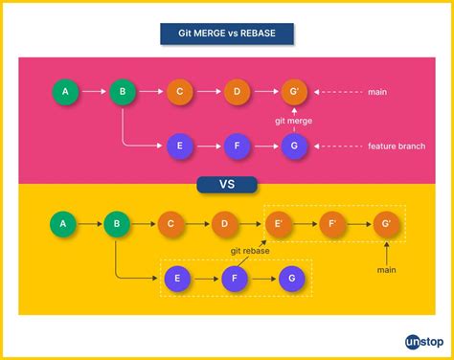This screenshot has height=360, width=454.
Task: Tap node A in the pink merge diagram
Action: (65, 92)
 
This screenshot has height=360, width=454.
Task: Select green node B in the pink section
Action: (122, 92)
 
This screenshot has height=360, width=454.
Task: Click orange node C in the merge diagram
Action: (179, 92)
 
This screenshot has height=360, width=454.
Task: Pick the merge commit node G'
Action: (294, 92)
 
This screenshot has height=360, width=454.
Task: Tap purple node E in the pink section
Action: (179, 146)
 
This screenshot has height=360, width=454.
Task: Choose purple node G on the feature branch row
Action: (294, 146)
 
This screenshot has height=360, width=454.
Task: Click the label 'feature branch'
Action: (396, 146)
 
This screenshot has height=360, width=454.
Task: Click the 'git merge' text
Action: (293, 120)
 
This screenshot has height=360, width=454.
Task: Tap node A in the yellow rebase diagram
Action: (62, 225)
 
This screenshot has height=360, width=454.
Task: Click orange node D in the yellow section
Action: (225, 225)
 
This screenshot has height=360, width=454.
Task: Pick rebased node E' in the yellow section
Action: (281, 225)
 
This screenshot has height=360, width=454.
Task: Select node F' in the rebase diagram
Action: (334, 225)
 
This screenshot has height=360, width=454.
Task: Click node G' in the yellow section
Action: (387, 225)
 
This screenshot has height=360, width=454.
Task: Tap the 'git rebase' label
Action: (249, 251)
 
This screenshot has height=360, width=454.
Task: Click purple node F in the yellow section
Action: (236, 279)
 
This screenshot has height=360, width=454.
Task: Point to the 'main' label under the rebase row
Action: (387, 271)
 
